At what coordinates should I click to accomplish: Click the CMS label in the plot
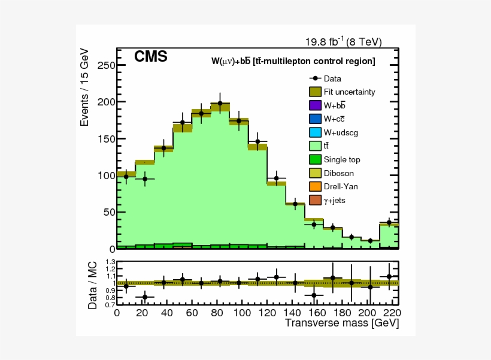[150, 57]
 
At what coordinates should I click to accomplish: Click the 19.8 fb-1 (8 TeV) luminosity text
[343, 41]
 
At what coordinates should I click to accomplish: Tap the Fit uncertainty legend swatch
[316, 92]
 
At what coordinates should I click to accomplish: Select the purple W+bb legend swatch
[316, 105]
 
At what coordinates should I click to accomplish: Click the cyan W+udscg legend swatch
[316, 132]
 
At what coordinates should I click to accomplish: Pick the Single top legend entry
[342, 159]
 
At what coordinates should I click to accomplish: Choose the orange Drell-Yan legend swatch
[316, 186]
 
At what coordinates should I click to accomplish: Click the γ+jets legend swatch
[316, 200]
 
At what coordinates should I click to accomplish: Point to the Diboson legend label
[339, 173]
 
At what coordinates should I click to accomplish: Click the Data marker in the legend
[316, 78]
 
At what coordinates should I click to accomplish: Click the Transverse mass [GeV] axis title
[341, 323]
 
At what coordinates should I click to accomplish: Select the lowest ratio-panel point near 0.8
[145, 297]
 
